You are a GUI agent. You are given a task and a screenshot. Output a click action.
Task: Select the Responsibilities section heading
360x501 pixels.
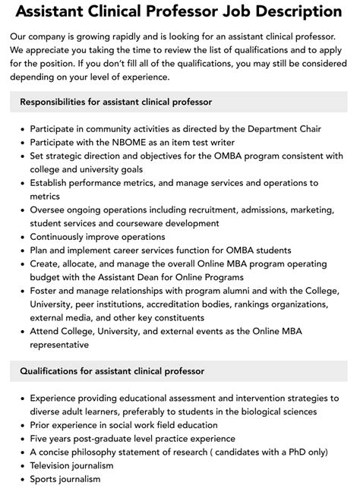pyautogui.click(x=115, y=101)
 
